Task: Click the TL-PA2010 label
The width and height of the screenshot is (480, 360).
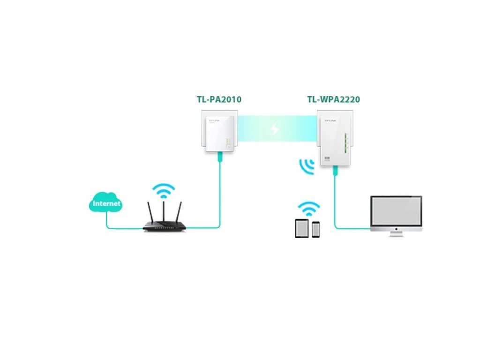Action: pos(219,99)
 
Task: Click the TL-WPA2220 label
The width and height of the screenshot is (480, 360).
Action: pos(333,99)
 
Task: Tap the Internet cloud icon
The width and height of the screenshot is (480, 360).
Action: pos(106,203)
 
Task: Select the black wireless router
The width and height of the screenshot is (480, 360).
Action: pos(164,225)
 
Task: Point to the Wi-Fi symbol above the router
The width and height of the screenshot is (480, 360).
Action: pos(164,190)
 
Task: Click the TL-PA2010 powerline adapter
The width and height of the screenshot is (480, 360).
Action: pos(216,132)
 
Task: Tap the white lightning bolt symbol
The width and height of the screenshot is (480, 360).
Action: pos(275,128)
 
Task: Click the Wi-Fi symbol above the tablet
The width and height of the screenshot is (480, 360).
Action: pos(309,208)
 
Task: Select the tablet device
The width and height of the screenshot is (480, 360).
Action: pos(302,228)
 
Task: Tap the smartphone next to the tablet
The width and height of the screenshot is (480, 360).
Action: pos(315,229)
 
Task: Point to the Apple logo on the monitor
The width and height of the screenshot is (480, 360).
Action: pos(396,228)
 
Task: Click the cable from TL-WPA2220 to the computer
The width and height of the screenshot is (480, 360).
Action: pos(336,206)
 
